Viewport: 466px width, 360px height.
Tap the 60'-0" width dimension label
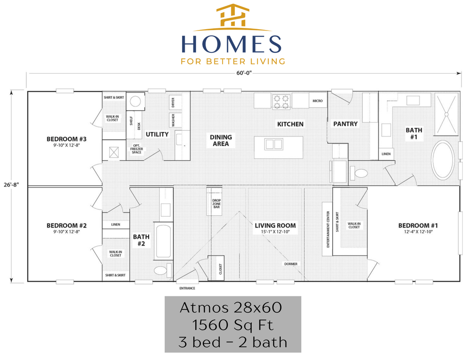click(x=244, y=73)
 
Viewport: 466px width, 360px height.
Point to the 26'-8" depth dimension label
click(x=11, y=185)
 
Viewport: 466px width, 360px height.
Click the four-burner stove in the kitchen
click(x=281, y=102)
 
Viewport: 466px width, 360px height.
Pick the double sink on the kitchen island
click(x=274, y=144)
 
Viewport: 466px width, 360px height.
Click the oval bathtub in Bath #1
click(x=443, y=160)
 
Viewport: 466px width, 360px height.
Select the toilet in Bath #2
click(x=162, y=270)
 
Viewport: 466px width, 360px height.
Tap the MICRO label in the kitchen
click(x=317, y=101)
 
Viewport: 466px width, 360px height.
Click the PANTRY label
click(x=345, y=124)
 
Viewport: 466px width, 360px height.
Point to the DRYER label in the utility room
click(x=173, y=102)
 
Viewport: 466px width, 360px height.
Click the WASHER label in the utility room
click(x=173, y=121)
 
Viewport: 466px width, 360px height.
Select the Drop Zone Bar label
click(x=216, y=203)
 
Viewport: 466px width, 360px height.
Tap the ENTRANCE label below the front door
click(x=187, y=289)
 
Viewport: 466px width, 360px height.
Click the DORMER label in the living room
click(x=291, y=264)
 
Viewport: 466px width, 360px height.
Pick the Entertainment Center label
click(x=328, y=229)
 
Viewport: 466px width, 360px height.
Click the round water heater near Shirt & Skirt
click(x=135, y=101)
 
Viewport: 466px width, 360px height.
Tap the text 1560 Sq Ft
click(x=233, y=325)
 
